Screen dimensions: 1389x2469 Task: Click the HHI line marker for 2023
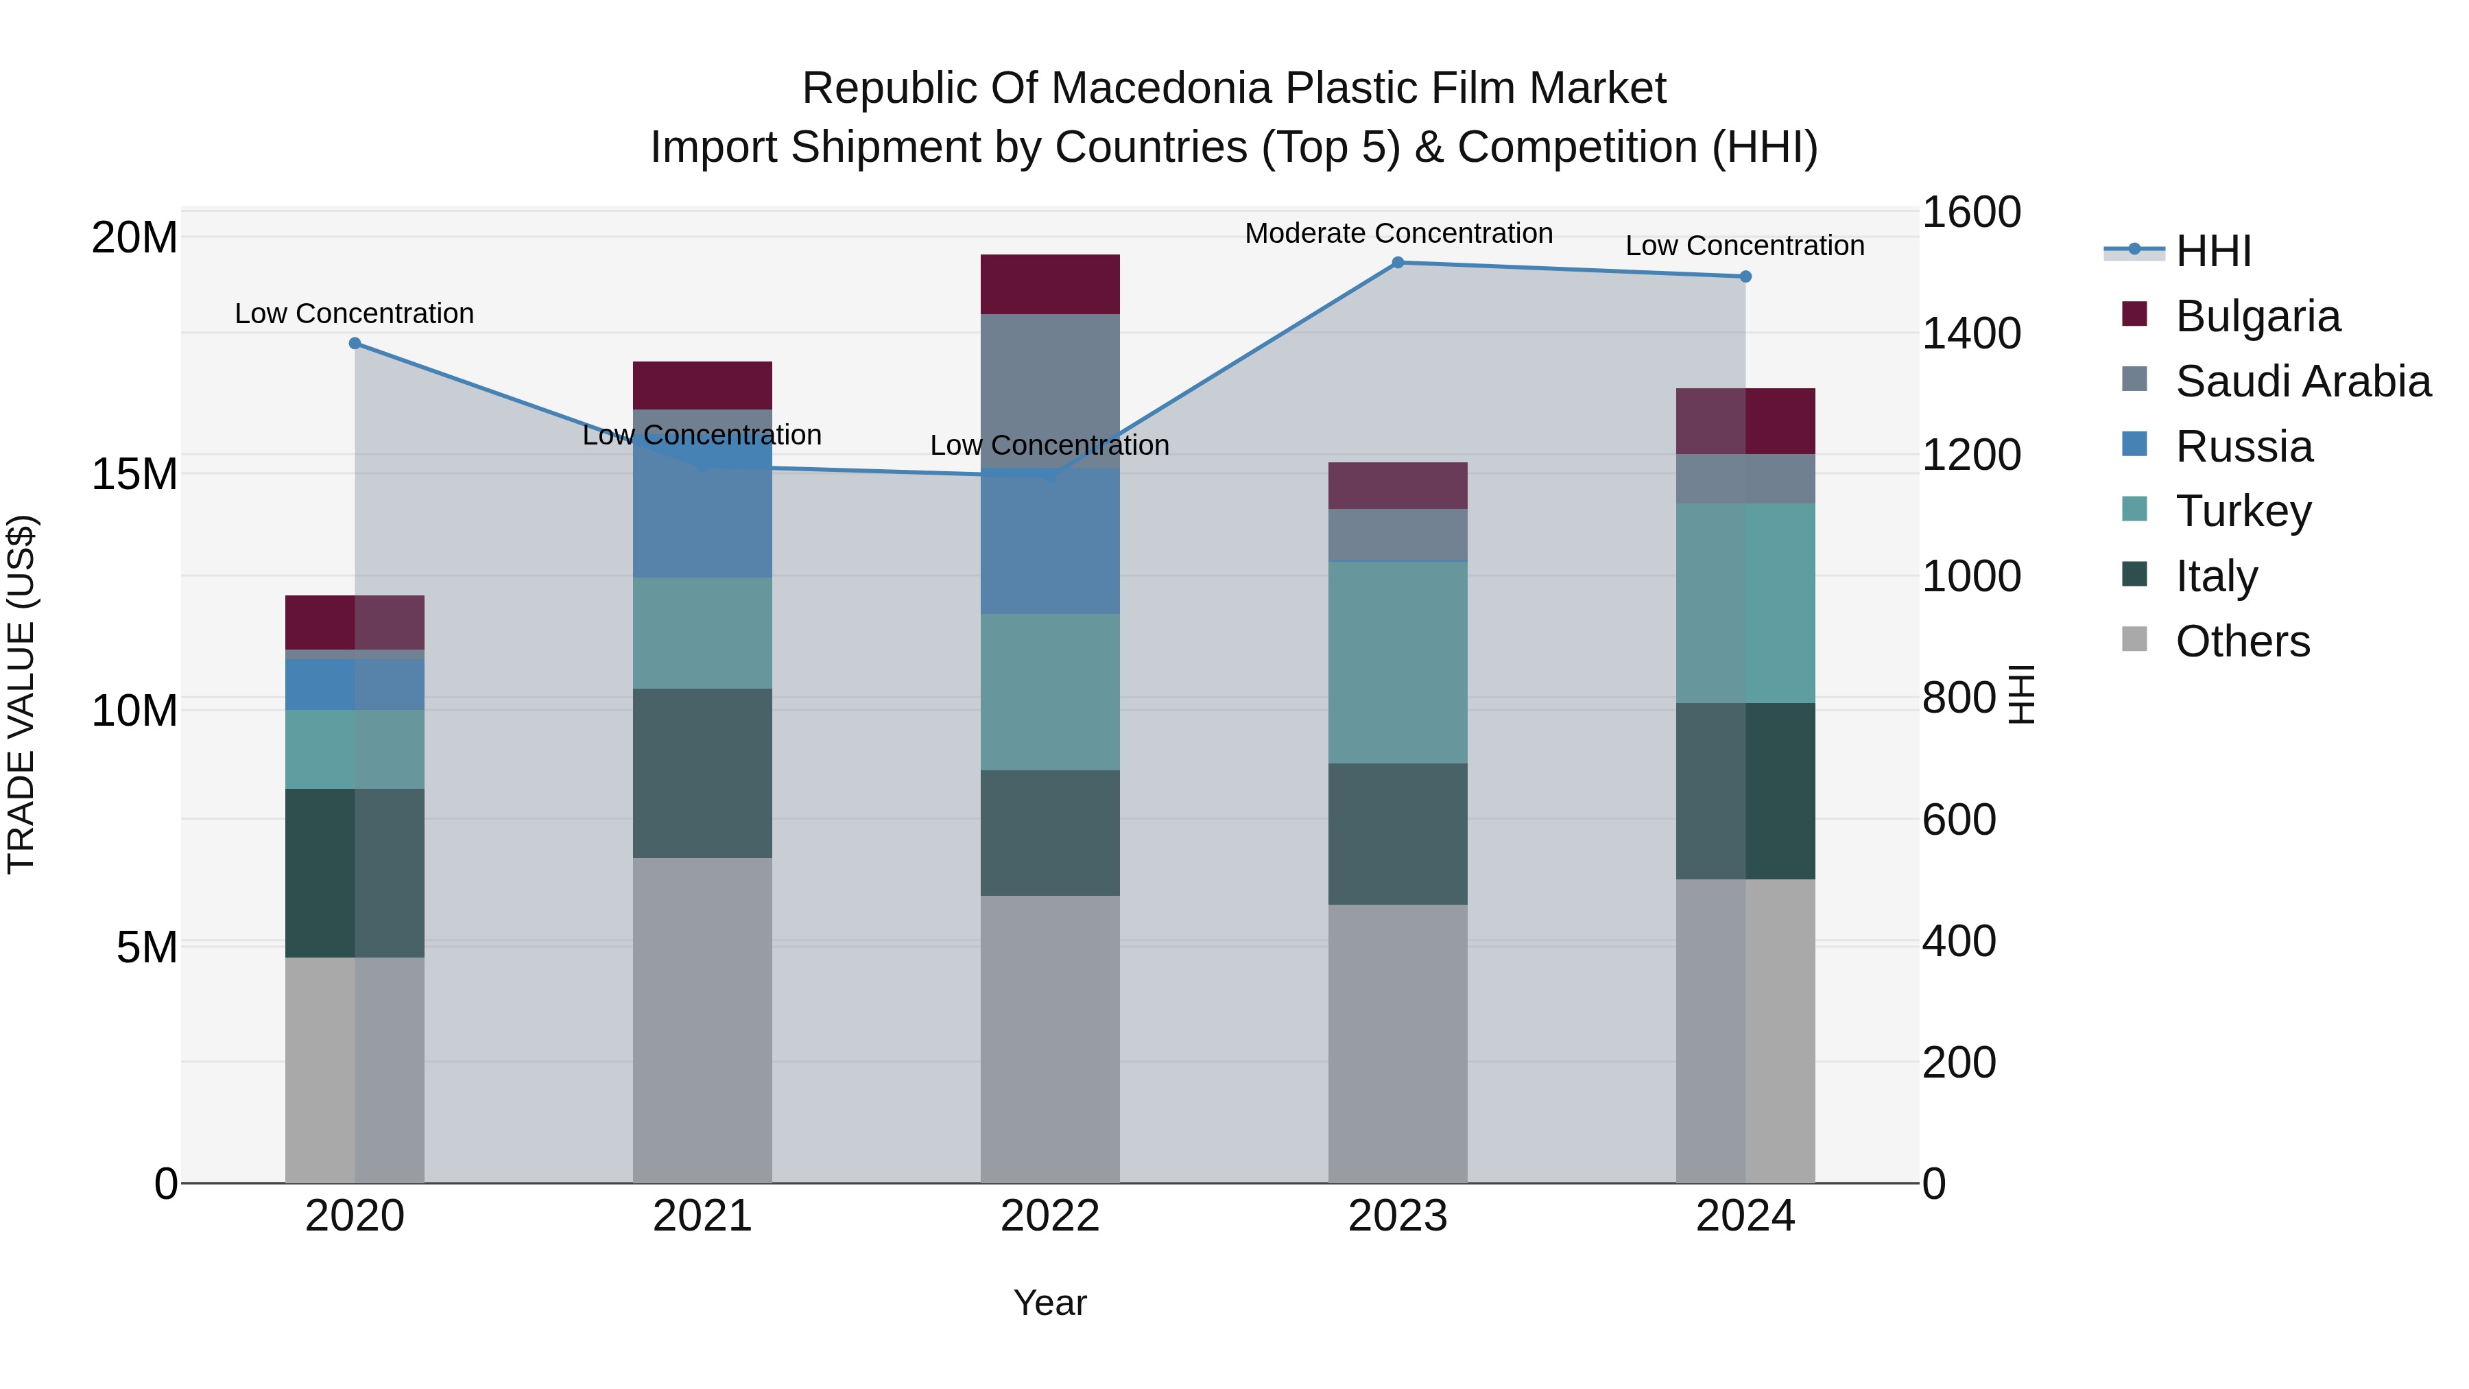(x=1398, y=263)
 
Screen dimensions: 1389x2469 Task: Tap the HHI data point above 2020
(x=355, y=343)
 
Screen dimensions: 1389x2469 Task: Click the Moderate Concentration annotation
(x=1398, y=234)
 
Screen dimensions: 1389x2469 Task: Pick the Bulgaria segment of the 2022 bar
(x=1049, y=285)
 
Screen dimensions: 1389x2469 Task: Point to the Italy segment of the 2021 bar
(x=702, y=772)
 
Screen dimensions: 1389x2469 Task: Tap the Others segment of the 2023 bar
(x=1398, y=1043)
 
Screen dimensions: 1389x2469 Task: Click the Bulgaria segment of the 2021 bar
(x=702, y=385)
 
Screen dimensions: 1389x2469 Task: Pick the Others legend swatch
(x=2134, y=639)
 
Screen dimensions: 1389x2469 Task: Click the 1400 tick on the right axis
(x=1970, y=333)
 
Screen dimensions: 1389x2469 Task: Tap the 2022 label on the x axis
(x=1049, y=1216)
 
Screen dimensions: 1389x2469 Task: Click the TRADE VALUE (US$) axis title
(x=21, y=694)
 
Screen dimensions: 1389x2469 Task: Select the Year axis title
(x=1049, y=1303)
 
